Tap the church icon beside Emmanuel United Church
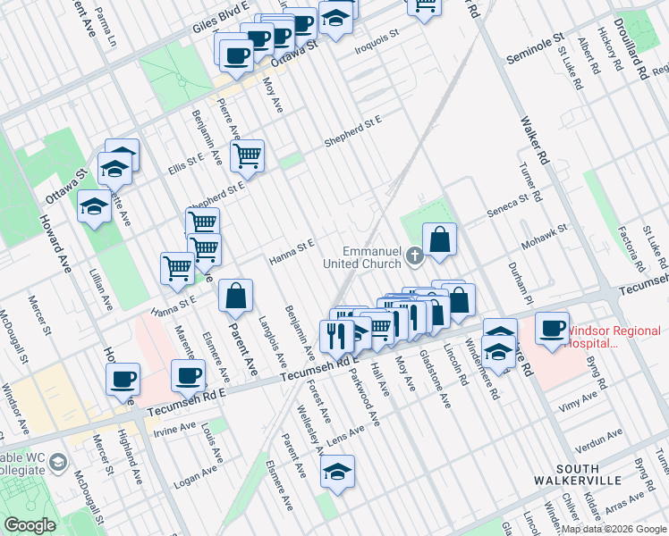[x=414, y=256]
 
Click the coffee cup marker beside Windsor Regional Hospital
[x=552, y=327]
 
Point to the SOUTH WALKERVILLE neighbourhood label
[x=589, y=474]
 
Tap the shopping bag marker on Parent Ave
[x=235, y=297]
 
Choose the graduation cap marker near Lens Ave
[x=337, y=471]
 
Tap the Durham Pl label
[x=522, y=286]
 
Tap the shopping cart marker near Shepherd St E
[x=247, y=155]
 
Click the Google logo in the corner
[x=30, y=525]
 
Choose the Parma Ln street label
[x=106, y=31]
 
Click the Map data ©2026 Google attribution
[x=614, y=529]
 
